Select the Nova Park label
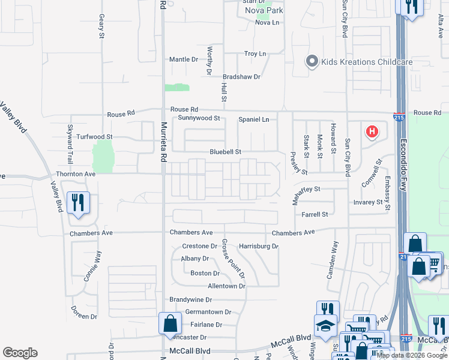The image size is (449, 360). [268, 10]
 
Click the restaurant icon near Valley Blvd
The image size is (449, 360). [79, 203]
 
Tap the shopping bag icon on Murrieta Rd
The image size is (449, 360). [170, 323]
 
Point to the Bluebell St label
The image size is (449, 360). [225, 152]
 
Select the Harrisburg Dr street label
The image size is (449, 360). [259, 246]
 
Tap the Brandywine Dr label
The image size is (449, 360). [191, 299]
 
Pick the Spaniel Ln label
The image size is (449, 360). [254, 119]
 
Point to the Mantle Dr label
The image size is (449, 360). [184, 59]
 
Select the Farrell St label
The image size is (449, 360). [315, 214]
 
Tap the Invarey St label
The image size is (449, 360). [368, 203]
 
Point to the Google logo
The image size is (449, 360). [20, 353]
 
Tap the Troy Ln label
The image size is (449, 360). [255, 54]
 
